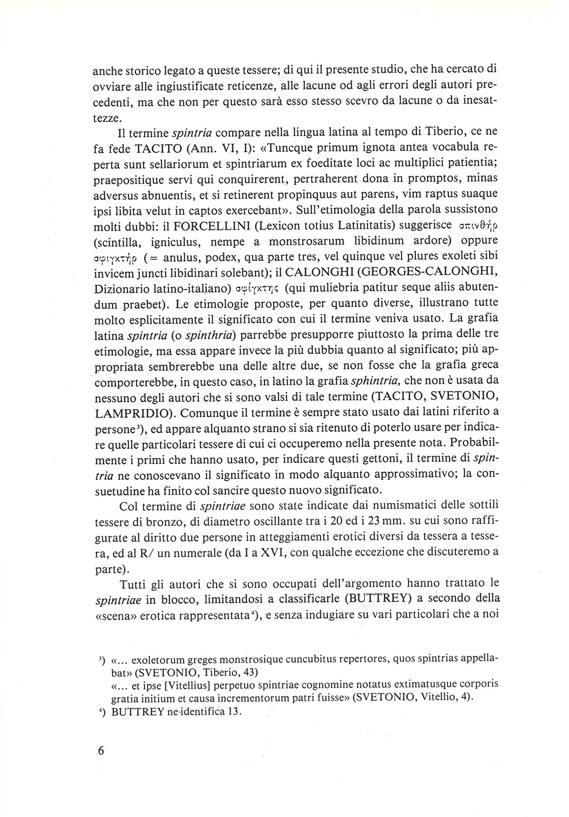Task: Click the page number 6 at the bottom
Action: pos(101,750)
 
